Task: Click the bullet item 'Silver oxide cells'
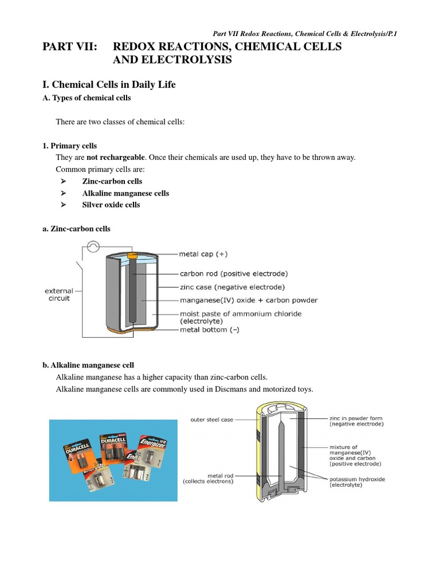pyautogui.click(x=111, y=205)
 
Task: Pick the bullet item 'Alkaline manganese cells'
pyautogui.click(x=125, y=193)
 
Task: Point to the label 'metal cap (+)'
pyautogui.click(x=206, y=253)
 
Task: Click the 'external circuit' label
pyautogui.click(x=59, y=295)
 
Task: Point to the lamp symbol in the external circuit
pyautogui.click(x=93, y=247)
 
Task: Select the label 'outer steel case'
pyautogui.click(x=211, y=420)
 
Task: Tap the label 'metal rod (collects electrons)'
pyautogui.click(x=208, y=479)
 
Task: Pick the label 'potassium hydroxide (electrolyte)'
pyautogui.click(x=356, y=482)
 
